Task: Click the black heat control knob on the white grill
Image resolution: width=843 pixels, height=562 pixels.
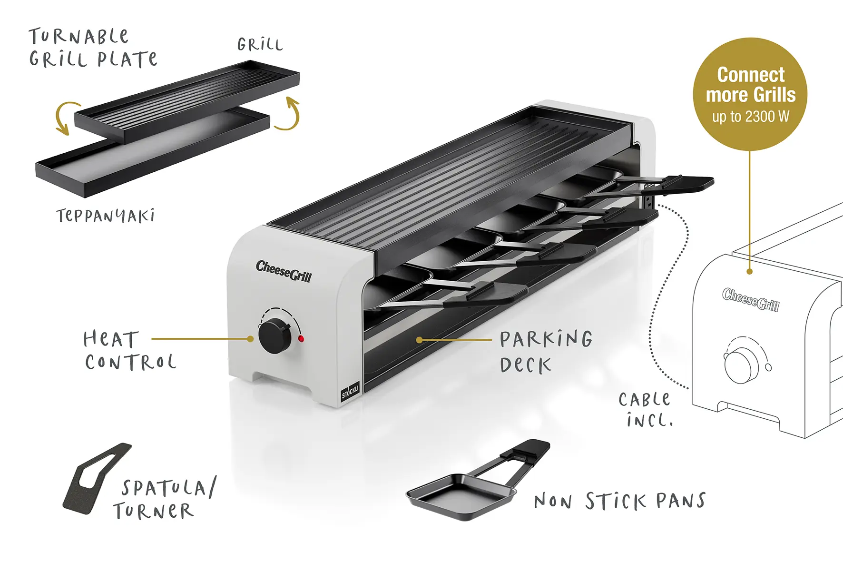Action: pyautogui.click(x=275, y=336)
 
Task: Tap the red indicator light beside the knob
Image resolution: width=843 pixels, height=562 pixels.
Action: pyautogui.click(x=301, y=339)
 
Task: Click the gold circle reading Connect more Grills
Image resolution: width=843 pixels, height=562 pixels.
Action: pyautogui.click(x=750, y=94)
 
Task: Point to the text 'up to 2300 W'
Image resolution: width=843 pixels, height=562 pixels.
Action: pyautogui.click(x=750, y=117)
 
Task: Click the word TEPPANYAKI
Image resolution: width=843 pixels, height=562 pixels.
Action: pyautogui.click(x=106, y=216)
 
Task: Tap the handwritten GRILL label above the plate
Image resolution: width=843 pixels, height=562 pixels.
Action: pyautogui.click(x=260, y=45)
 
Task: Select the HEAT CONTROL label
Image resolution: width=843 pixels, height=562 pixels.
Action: pyautogui.click(x=130, y=350)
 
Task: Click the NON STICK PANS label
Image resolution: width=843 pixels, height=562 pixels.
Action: pyautogui.click(x=620, y=501)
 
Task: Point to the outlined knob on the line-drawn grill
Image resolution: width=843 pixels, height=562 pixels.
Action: pyautogui.click(x=739, y=364)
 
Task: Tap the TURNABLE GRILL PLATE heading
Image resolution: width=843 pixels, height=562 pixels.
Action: pyautogui.click(x=93, y=48)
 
